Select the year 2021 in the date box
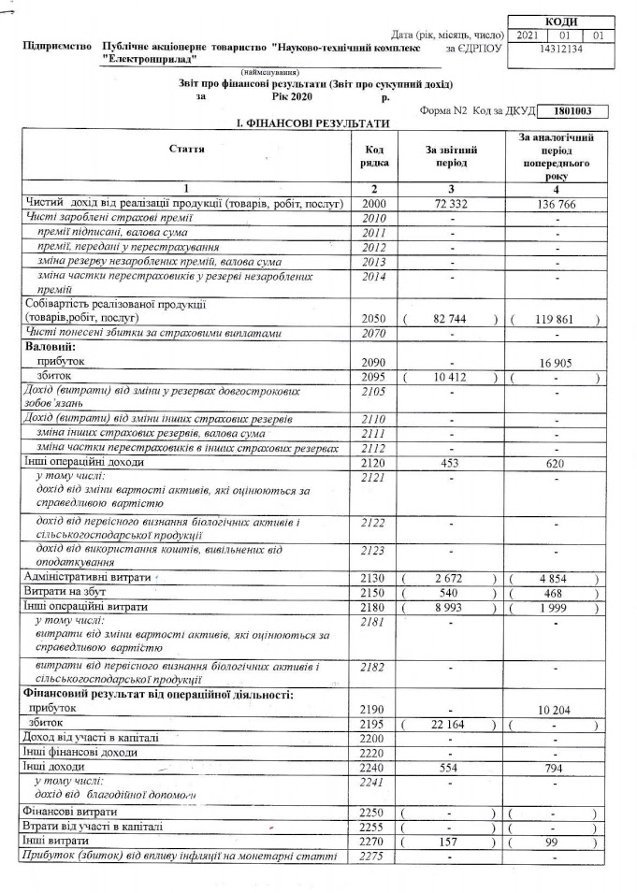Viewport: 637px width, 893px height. click(x=527, y=35)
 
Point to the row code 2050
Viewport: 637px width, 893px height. click(x=372, y=319)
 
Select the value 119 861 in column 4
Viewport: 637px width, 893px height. click(x=554, y=319)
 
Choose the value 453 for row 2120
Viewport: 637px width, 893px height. click(x=451, y=462)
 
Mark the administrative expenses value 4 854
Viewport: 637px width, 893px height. click(x=555, y=578)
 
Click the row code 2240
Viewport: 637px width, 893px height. click(x=372, y=767)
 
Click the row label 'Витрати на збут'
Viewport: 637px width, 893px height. click(x=65, y=592)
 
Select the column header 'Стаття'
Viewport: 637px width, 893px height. click(x=187, y=150)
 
